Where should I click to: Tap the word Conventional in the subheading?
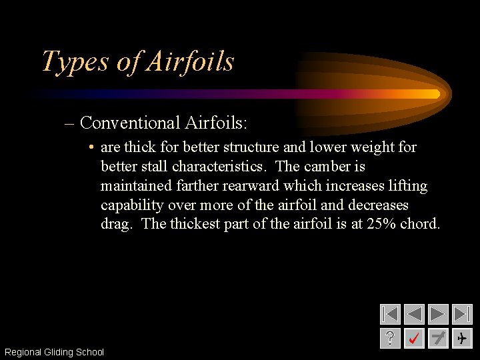(129, 123)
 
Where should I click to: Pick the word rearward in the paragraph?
(249, 185)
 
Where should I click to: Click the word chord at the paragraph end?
(420, 224)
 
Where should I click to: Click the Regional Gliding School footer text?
(54, 352)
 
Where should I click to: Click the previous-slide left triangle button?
(414, 314)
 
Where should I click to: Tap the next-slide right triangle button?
(438, 314)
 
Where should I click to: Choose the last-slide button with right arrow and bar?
(462, 314)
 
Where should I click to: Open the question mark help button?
(390, 338)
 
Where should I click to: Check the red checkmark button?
(414, 338)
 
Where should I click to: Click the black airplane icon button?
(462, 338)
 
